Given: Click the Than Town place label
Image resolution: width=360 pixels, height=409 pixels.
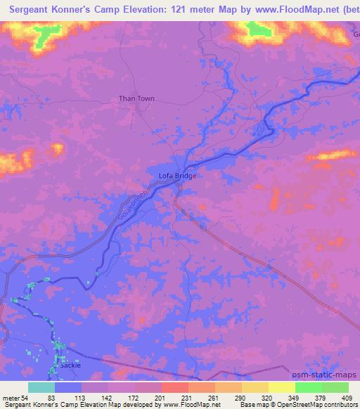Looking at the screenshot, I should tap(136, 99).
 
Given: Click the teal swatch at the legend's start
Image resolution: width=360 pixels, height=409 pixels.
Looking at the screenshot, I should tap(41, 387).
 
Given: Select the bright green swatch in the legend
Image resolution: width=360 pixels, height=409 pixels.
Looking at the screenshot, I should tap(308, 387).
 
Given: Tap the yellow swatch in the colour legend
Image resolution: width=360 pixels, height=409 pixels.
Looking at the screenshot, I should tap(281, 387).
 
